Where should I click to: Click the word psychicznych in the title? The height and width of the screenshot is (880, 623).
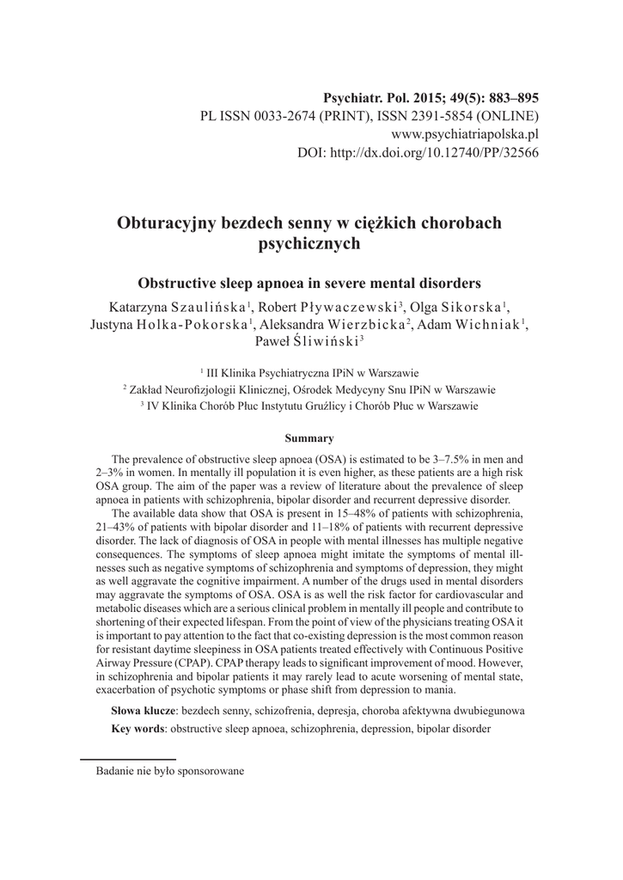[308, 244]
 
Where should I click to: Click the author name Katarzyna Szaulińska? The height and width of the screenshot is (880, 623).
[179, 308]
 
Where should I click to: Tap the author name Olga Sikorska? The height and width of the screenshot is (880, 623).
[454, 308]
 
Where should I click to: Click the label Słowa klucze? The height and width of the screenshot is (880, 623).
[143, 712]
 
